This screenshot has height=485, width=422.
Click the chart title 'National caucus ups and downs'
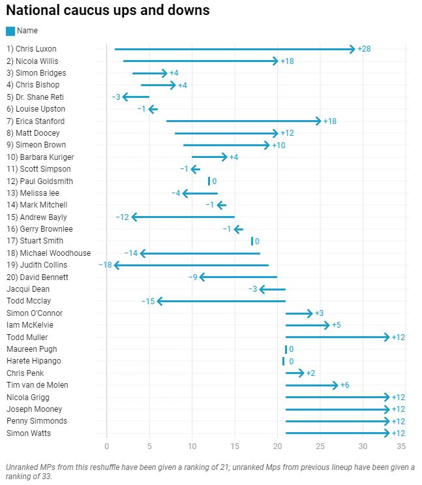(x=108, y=11)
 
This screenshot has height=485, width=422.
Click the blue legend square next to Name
(x=10, y=31)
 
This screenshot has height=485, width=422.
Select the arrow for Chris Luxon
(x=235, y=49)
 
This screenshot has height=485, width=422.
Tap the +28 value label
(x=365, y=49)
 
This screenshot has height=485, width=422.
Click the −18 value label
(x=106, y=265)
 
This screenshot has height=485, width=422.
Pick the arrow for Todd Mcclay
(x=222, y=301)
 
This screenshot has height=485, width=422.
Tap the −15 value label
(x=148, y=301)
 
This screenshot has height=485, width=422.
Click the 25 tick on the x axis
(x=320, y=447)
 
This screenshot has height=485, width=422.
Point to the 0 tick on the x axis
(x=107, y=447)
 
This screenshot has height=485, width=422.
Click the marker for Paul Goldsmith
(x=209, y=181)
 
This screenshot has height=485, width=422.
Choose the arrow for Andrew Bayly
(x=183, y=217)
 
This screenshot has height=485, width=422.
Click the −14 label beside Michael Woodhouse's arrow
(x=131, y=253)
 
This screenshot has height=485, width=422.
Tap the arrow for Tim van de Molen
(x=312, y=385)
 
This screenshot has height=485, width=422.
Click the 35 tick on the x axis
(x=401, y=447)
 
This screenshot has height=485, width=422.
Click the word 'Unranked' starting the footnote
(x=20, y=467)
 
